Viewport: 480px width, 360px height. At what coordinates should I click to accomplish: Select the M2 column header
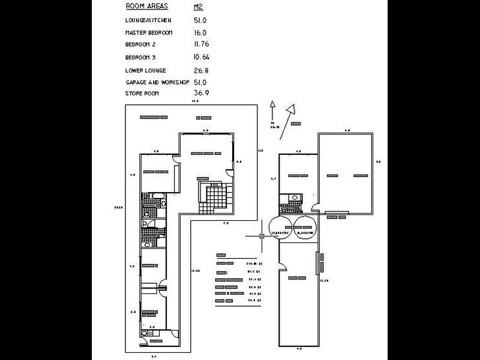pos(199,7)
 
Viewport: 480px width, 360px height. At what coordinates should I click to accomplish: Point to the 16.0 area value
pos(200,32)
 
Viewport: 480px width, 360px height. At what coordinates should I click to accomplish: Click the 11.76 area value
pos(202,44)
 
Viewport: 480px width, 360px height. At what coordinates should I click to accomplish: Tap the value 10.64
pos(202,58)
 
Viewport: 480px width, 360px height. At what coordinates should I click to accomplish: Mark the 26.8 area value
pos(201,70)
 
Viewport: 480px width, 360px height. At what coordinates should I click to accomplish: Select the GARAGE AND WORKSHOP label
pos(157,82)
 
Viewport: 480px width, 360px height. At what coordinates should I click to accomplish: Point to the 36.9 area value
pos(201,94)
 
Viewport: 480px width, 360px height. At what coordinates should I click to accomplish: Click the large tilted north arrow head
pos(292,110)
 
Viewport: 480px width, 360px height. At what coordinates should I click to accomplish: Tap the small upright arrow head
pos(272,104)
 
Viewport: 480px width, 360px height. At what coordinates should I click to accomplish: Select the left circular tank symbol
pos(281,226)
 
